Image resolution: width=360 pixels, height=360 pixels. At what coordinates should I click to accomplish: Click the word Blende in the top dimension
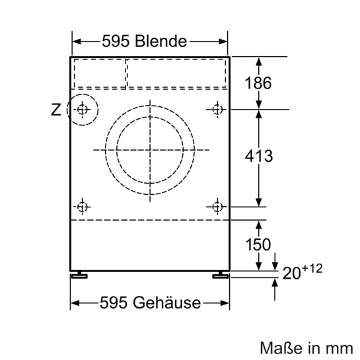tap(161, 41)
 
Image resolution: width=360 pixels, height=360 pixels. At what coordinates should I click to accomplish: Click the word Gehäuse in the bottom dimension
tap(168, 303)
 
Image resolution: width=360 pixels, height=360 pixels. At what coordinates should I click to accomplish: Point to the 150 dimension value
tap(258, 244)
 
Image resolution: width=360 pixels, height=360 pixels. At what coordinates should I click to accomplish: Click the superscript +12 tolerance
tap(312, 270)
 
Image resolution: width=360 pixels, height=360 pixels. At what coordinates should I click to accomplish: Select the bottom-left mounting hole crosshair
tap(82, 207)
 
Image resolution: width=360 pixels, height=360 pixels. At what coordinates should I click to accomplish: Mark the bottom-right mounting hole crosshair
tap(217, 207)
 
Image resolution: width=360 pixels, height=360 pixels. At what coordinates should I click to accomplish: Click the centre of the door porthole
tap(151, 149)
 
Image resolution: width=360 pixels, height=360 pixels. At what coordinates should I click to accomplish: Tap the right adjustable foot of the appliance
tap(218, 274)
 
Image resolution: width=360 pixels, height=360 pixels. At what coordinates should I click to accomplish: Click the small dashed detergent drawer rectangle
tap(99, 73)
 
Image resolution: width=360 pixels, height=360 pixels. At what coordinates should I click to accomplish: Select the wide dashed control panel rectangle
tap(176, 73)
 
